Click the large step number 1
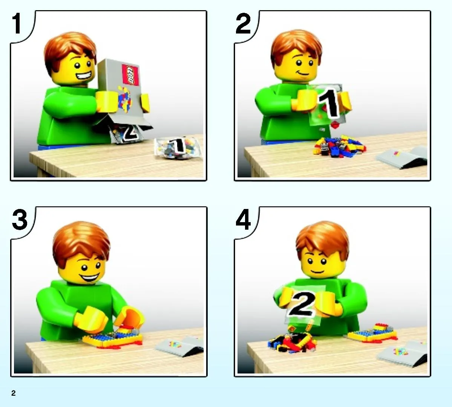(17, 23)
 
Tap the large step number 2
(243, 23)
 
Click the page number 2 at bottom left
(14, 393)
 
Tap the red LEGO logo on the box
(130, 75)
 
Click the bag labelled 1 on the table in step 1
(178, 147)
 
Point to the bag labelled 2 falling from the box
(127, 133)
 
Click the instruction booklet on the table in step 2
(402, 157)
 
